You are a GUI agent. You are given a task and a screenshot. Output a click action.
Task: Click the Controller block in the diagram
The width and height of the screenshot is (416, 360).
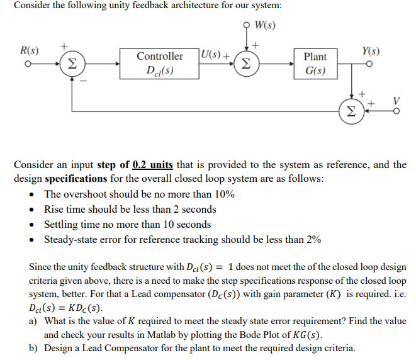click(x=160, y=63)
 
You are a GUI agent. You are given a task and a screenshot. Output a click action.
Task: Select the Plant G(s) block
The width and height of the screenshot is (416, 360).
click(x=315, y=63)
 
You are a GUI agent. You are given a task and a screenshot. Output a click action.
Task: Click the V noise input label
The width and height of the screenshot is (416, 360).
click(x=396, y=101)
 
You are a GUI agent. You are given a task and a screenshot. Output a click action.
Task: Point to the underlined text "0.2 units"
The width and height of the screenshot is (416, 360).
click(x=152, y=166)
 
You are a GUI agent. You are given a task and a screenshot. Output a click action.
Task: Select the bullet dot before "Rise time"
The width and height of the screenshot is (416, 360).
click(x=33, y=210)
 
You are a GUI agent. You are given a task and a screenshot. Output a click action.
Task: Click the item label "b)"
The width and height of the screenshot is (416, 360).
click(x=35, y=347)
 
